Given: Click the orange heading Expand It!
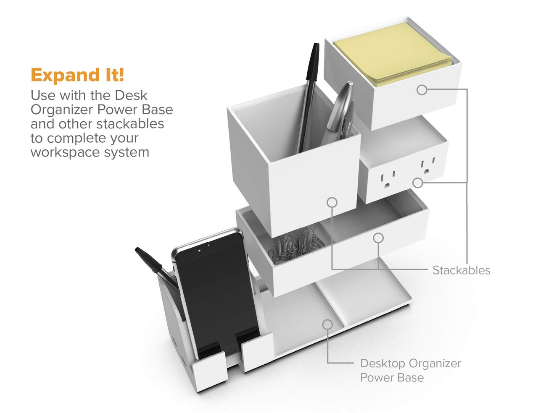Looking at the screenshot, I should coord(77,75).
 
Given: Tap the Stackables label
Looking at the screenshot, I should coord(461,270).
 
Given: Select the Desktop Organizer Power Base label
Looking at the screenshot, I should coord(410,370).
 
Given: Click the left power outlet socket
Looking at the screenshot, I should coord(388,180).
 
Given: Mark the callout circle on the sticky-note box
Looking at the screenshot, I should coord(422,89).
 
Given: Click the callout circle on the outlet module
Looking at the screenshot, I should coord(417,183).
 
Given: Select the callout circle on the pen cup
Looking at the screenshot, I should coord(332,202).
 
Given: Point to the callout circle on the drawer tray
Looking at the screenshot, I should coord(378,238).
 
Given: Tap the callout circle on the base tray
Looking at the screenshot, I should coord(327,324).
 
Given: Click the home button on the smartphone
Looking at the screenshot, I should coord(230,349).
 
